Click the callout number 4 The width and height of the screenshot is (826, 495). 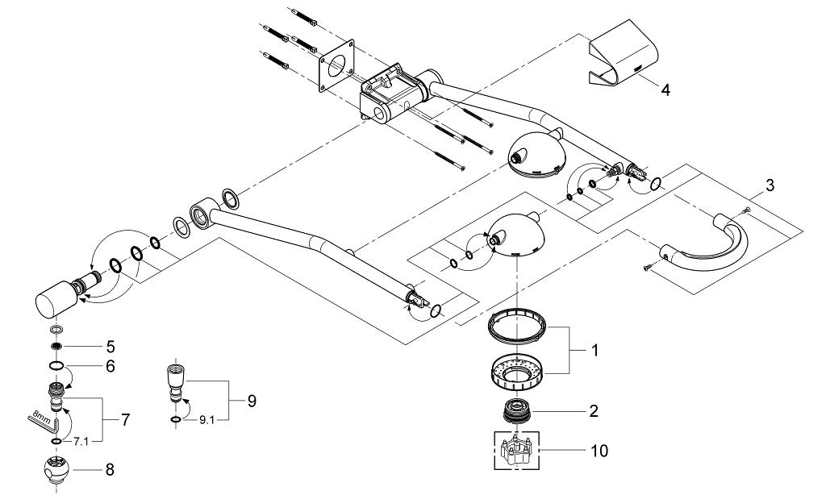(665, 89)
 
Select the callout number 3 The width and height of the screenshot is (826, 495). (770, 185)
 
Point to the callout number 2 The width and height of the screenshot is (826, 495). (593, 411)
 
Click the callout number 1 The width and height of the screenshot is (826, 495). (594, 351)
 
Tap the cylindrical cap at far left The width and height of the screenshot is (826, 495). (55, 299)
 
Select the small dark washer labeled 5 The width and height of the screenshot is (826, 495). (57, 347)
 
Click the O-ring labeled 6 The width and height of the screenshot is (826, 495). (57, 365)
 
